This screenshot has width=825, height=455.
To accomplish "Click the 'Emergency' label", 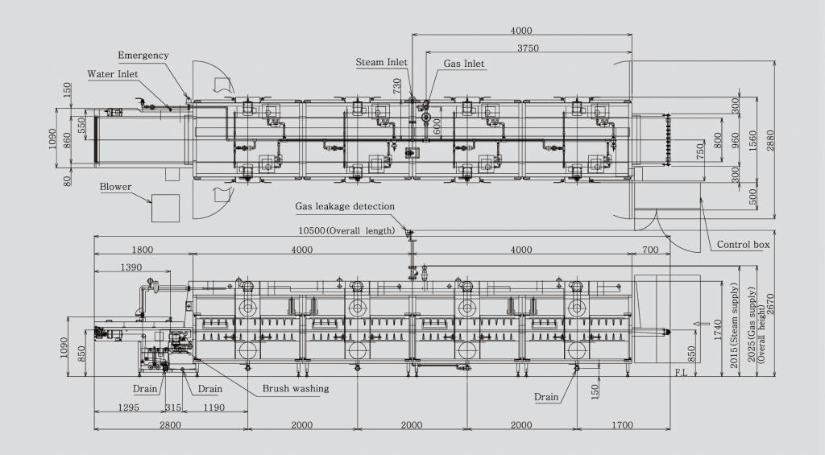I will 143,56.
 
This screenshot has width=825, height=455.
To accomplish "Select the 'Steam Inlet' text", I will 381,62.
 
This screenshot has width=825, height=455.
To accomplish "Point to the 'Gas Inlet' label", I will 465,64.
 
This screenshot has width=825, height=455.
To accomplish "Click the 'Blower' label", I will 116,187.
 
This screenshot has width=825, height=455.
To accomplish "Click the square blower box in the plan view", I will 165,208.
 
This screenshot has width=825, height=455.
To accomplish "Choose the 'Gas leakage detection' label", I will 346,206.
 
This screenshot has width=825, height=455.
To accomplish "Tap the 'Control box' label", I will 743,244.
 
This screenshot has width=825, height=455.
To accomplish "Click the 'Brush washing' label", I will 295,389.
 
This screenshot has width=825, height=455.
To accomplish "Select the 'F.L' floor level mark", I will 682,374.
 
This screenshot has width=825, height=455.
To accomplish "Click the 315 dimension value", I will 172,407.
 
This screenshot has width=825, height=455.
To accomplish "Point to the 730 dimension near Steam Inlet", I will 396,87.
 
